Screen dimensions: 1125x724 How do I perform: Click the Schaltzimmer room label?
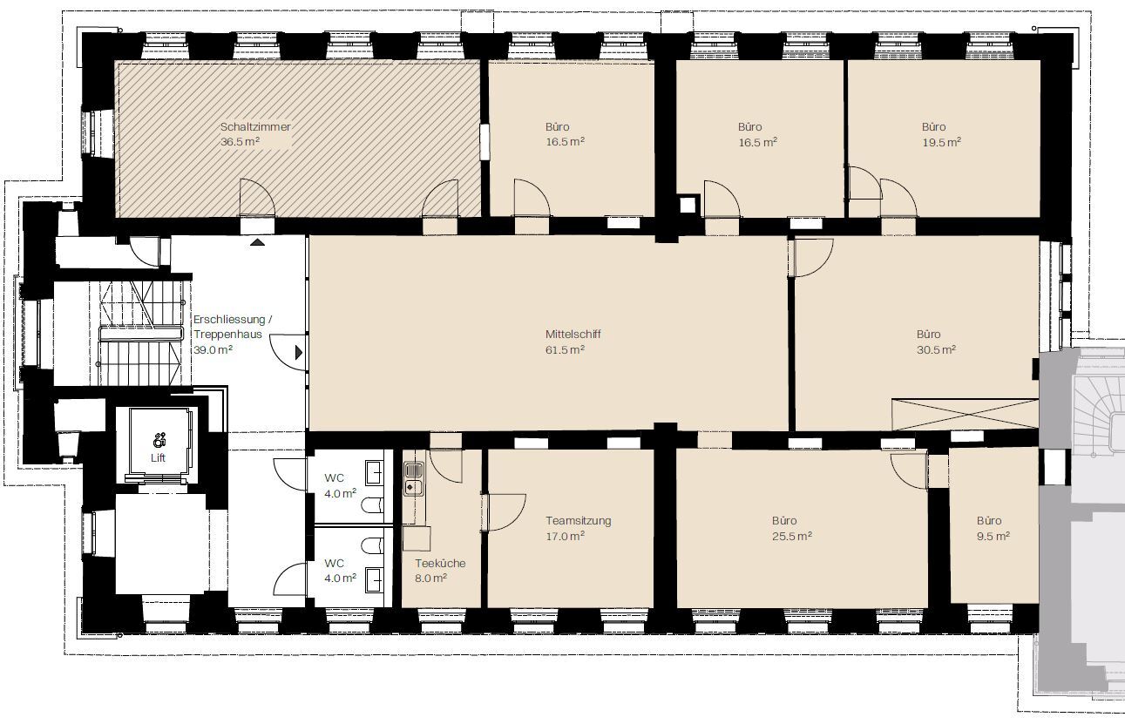pos(255,127)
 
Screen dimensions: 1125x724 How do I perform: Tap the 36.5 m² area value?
pos(240,142)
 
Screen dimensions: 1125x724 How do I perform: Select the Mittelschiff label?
pos(573,335)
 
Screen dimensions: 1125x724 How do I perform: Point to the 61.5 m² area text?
pos(565,349)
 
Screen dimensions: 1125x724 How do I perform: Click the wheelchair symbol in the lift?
pos(159,440)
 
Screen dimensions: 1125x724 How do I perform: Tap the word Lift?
pos(158,458)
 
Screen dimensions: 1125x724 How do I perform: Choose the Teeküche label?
pos(440,564)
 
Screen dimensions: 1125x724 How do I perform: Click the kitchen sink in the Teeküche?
pos(414,478)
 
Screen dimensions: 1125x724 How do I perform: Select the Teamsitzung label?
pos(579,521)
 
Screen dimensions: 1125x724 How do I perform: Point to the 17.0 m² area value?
pos(565,536)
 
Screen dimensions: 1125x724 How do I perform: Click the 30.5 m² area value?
pos(936,349)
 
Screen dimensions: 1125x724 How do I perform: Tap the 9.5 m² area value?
pos(993,536)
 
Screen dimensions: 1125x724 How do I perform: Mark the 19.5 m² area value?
pos(942,143)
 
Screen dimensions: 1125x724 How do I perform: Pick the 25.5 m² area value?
pos(792,536)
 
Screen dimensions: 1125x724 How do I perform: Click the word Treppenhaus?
pos(228,335)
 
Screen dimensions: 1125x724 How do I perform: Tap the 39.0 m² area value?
pos(213,349)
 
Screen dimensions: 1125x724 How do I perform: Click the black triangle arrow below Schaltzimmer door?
pos(258,242)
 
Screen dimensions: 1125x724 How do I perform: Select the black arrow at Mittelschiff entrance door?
pos(299,353)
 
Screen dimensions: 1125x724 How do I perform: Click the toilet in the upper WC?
pos(371,505)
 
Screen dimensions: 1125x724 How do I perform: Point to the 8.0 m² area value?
pos(430,579)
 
